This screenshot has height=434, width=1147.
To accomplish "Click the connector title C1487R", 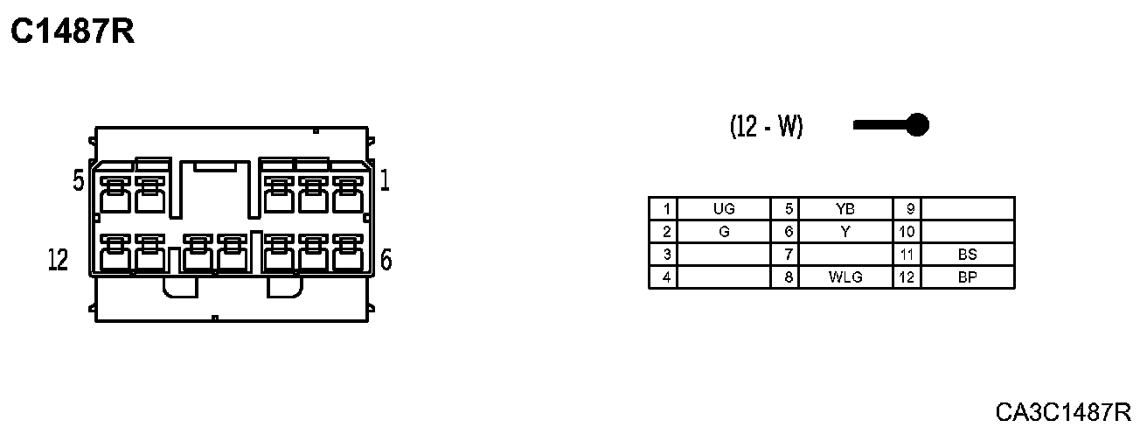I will pos(72,32).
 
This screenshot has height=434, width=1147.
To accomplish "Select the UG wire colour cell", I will pos(724,209).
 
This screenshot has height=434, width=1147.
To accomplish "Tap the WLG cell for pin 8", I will pos(845,278).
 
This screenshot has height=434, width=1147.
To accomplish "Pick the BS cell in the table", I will pos(967,255).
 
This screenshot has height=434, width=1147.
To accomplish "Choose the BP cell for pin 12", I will pos(967,278).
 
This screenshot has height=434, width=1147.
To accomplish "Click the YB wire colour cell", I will pos(845,209).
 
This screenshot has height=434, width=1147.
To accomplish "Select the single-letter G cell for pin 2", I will pos(724,232).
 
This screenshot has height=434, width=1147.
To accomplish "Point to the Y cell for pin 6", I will pos(845,232).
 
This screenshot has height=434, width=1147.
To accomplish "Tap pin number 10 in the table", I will pos(907,232).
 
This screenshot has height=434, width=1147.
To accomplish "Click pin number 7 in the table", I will pos(789,255).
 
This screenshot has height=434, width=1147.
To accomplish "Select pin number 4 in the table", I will pos(666,278).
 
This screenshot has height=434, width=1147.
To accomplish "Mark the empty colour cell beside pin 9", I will pos(967,209).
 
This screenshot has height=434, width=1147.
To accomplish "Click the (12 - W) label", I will pos(766,127).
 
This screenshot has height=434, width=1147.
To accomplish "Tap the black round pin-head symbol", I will pos(916,125).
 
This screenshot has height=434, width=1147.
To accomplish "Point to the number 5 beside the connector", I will pos(79,181).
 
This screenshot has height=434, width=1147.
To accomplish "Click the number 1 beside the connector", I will pos(385,181).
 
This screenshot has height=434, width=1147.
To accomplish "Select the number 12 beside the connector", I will pos(58,260).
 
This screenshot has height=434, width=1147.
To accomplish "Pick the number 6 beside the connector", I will pos(386,260).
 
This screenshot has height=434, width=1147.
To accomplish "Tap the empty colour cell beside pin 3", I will pos(724,255).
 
